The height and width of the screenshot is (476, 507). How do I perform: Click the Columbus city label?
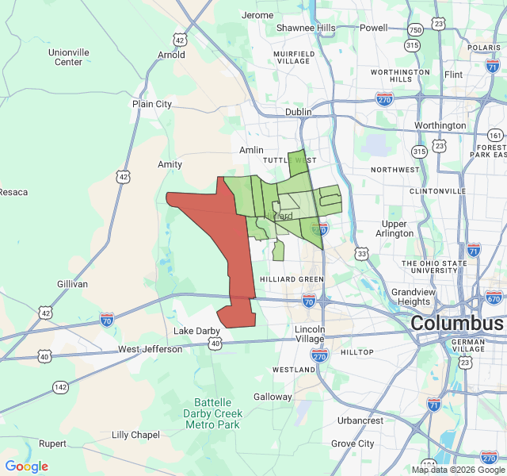coord(456,324)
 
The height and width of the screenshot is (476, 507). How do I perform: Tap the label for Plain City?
coord(152,104)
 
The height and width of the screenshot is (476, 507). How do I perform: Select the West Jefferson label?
coord(150,349)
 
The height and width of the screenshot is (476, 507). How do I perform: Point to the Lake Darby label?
coord(194,331)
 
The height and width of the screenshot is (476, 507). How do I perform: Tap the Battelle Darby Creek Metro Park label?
coord(212,413)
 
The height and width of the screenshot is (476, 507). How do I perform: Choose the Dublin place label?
coord(299,112)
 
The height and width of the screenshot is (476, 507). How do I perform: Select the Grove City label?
coord(354,443)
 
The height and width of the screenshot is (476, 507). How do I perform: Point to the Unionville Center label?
coord(68,57)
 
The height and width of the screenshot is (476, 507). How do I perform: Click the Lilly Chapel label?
coord(135,435)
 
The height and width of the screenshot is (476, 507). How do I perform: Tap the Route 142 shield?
coord(61,386)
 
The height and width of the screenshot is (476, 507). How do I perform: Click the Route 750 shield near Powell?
coord(415,29)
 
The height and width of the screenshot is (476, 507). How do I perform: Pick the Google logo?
coord(26,466)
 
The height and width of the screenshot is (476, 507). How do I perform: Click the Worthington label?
coord(440,125)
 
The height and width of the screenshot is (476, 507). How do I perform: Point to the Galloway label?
coord(273,397)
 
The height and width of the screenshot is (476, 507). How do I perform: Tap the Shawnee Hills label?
coord(306,28)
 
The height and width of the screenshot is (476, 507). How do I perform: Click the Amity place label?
coord(170,164)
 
